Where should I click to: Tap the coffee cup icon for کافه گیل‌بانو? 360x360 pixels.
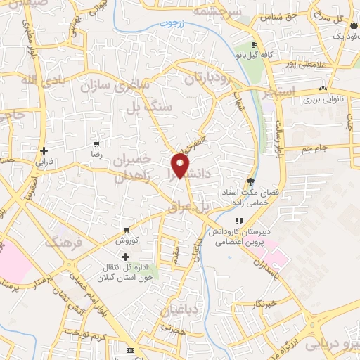pos(254,44)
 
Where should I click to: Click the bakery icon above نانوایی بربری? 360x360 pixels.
pos(322,89)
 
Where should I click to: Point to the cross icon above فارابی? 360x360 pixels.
pos(44,150)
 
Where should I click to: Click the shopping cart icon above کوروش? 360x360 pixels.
pos(126,229)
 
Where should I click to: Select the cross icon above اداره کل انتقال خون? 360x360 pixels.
pos(126,257)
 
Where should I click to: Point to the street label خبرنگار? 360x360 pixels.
pos(253,305)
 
